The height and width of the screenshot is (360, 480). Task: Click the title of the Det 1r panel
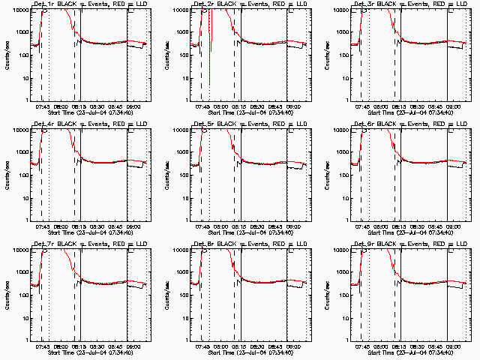click(x=79, y=4)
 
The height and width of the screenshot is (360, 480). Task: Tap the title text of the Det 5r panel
click(x=240, y=124)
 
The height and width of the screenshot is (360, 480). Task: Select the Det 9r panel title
click(x=400, y=244)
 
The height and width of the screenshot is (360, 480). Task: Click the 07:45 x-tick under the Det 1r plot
click(x=42, y=106)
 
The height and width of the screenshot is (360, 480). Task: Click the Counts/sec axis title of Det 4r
click(x=7, y=174)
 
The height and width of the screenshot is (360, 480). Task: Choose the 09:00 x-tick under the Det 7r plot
click(x=131, y=346)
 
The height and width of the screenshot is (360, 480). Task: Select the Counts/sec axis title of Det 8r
click(x=167, y=294)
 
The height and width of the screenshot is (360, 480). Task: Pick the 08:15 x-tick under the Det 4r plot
click(x=79, y=226)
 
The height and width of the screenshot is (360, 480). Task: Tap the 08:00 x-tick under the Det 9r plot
click(x=382, y=346)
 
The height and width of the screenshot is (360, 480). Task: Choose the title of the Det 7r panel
click(x=79, y=244)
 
